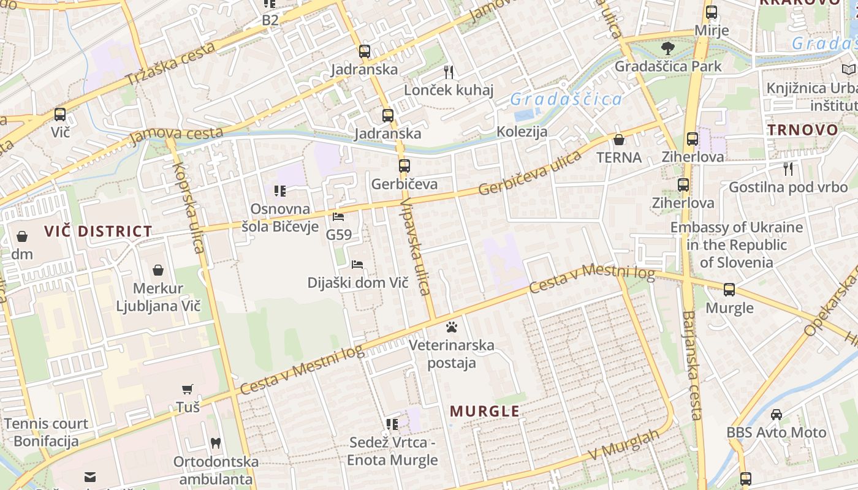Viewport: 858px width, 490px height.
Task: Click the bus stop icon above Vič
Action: (59, 114)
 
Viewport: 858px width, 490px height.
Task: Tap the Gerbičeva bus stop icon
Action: (404, 165)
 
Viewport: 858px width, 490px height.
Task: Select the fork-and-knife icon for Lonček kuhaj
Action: (449, 72)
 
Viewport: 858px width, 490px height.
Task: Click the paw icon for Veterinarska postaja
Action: (452, 326)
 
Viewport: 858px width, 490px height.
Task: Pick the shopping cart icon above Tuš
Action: (188, 389)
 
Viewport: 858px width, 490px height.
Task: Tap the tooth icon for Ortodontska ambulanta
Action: (215, 442)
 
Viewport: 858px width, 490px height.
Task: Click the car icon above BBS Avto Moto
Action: (776, 414)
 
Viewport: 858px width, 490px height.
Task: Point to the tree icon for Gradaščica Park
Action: (667, 48)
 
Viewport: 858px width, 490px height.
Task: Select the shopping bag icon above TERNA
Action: (619, 140)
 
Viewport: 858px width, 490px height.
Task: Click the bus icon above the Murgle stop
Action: (729, 290)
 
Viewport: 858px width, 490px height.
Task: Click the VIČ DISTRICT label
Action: (98, 232)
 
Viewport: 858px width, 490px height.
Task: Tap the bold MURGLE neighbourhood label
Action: (485, 411)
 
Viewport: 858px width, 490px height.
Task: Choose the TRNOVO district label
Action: (802, 130)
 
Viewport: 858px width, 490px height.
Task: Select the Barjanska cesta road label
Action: (690, 365)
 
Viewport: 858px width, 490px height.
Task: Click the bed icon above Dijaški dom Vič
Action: (357, 265)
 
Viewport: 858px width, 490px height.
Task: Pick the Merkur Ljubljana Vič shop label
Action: (158, 297)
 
